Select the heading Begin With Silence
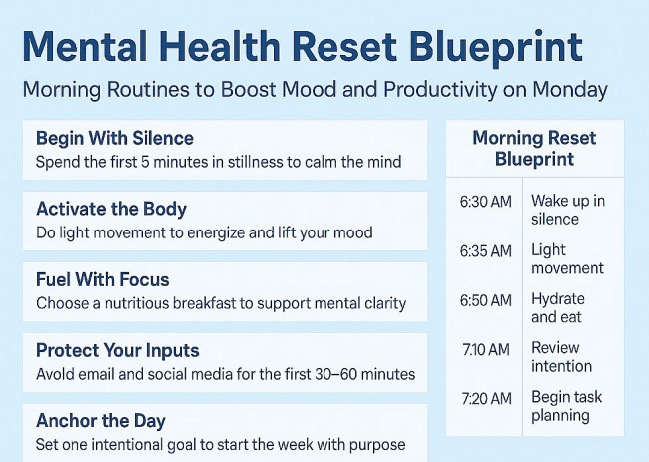pyautogui.click(x=115, y=138)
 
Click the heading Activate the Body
pyautogui.click(x=111, y=209)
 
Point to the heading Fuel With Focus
pyautogui.click(x=102, y=279)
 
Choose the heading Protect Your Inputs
pyautogui.click(x=117, y=350)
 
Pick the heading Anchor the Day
pyautogui.click(x=100, y=420)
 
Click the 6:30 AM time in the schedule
pyautogui.click(x=485, y=202)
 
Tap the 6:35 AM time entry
pyautogui.click(x=485, y=250)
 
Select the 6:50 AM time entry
pyautogui.click(x=485, y=299)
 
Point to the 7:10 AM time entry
pyautogui.click(x=485, y=348)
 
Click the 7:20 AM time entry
pyautogui.click(x=485, y=397)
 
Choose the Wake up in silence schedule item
pyautogui.click(x=567, y=210)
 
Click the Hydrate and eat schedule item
pyautogui.click(x=558, y=308)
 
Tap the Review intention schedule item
pyautogui.click(x=561, y=357)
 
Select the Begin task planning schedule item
pyautogui.click(x=565, y=406)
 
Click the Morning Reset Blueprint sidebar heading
pyautogui.click(x=534, y=148)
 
